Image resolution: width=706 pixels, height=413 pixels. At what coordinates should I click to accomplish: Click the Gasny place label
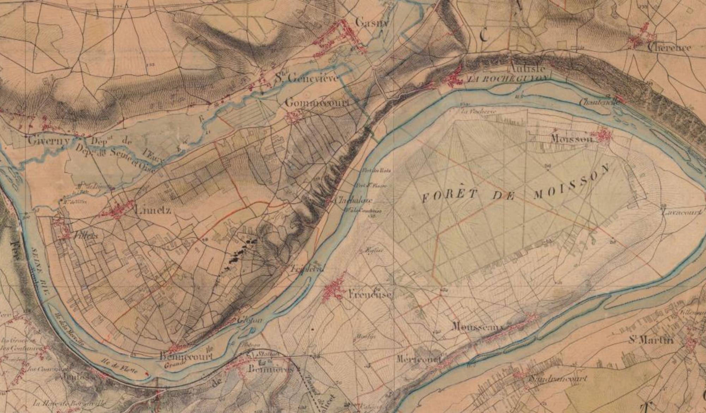(371, 23)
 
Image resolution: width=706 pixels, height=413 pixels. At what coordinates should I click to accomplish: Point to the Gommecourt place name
(317, 103)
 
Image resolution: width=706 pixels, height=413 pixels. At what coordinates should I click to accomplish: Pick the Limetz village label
(153, 210)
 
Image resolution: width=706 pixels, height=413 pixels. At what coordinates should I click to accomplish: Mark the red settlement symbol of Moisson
(604, 135)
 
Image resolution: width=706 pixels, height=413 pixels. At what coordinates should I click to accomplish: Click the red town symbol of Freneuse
(333, 290)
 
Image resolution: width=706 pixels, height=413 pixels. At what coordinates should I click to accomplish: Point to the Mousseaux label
(477, 327)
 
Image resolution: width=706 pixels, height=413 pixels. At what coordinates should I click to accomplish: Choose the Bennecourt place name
(186, 356)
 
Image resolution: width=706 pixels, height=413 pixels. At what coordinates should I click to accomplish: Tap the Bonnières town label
(270, 369)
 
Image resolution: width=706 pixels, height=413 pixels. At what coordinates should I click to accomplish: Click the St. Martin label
(651, 340)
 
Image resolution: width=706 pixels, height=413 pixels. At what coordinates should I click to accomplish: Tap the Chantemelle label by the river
(598, 102)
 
